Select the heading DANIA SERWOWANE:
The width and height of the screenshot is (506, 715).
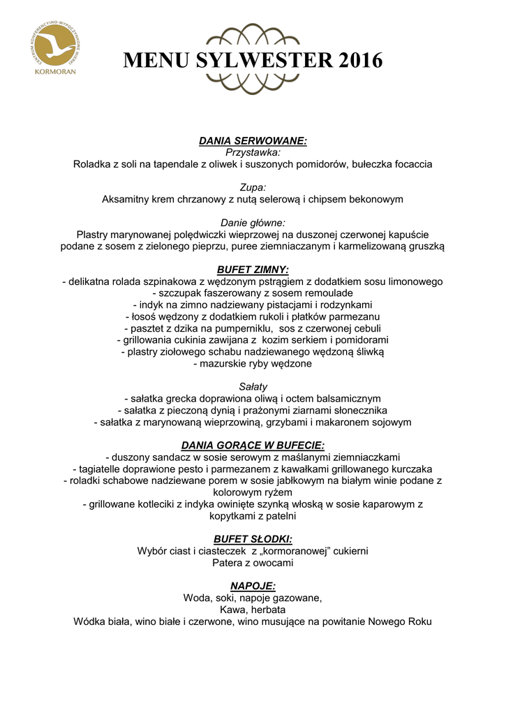[253, 140]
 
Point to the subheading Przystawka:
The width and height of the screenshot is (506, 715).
[253, 152]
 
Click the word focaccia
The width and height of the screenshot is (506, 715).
[410, 164]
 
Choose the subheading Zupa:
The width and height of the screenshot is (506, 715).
[253, 187]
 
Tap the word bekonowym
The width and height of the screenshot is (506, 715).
[374, 199]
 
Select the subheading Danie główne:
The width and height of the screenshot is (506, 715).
[253, 223]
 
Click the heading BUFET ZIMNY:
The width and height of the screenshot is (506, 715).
[253, 270]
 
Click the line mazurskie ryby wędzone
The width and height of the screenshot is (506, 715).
[253, 364]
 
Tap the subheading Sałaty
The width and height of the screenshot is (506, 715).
[253, 387]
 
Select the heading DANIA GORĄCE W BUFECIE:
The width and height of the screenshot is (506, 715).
[253, 445]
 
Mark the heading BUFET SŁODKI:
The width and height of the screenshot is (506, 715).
[253, 539]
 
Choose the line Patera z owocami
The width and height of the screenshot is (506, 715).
[253, 563]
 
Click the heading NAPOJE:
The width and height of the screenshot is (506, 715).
[253, 587]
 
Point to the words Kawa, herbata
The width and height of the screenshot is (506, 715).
[253, 610]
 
